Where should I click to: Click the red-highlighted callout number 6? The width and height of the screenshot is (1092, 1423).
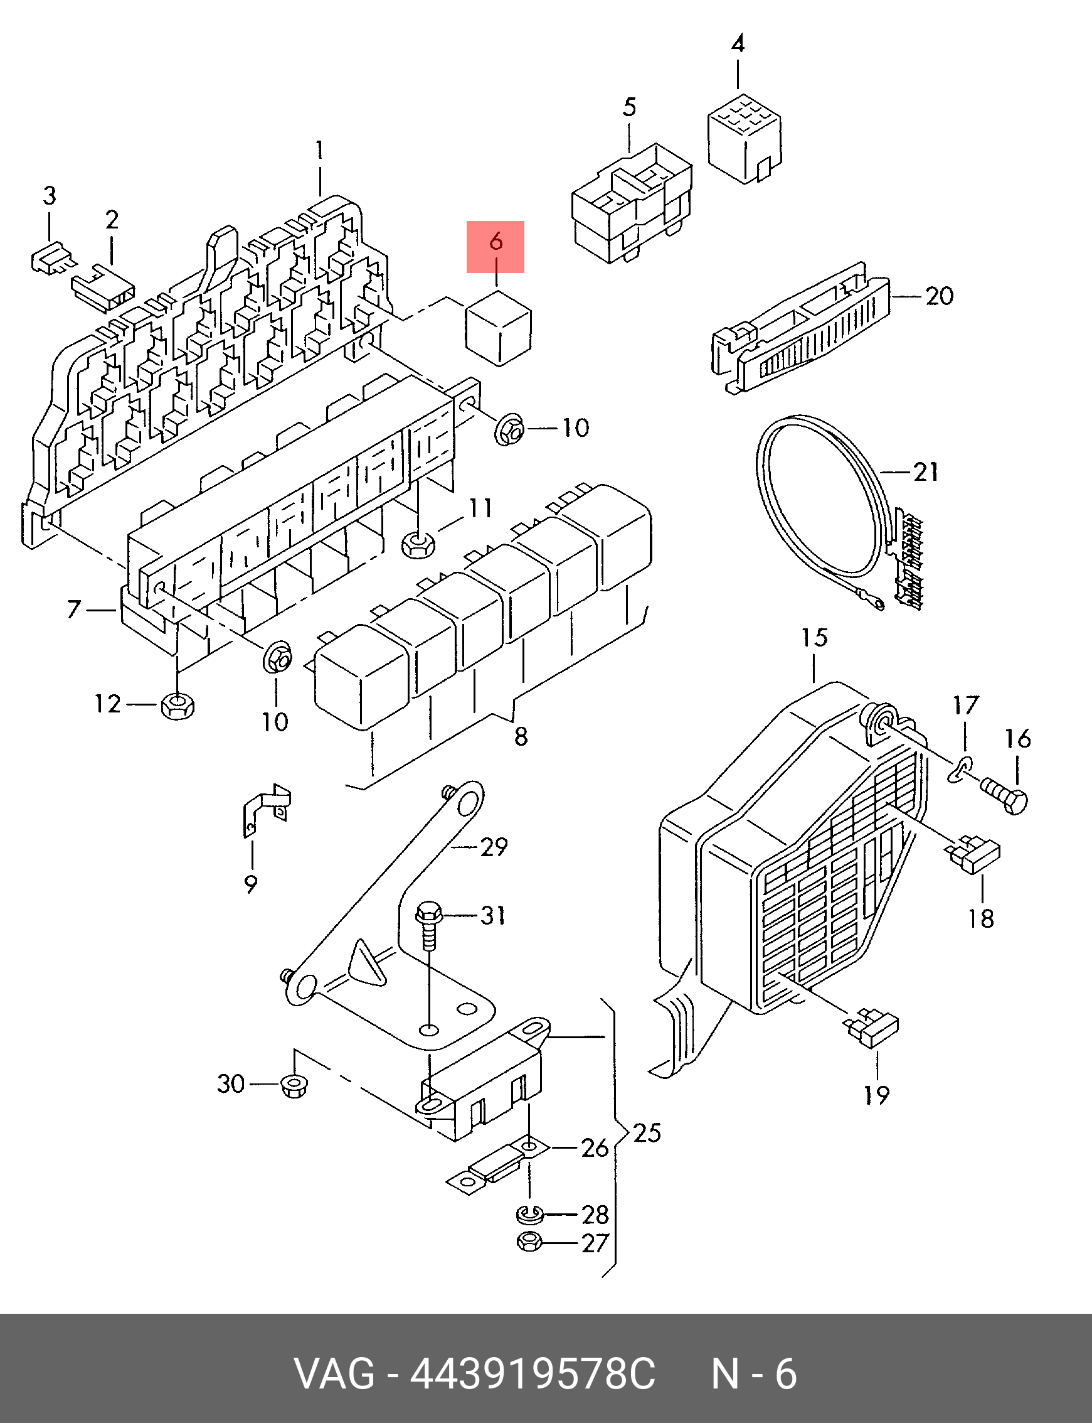pos(496,242)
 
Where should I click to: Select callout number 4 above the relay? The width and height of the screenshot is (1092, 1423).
pos(738,44)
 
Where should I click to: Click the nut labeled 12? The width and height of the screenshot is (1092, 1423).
pos(177,704)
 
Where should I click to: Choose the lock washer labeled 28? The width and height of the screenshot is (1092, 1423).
pos(531,1213)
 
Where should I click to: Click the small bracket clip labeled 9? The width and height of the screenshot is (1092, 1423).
pos(266,809)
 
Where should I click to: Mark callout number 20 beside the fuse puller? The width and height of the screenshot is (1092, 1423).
pos(939,296)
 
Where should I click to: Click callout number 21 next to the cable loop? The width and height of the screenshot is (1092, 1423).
pos(926,471)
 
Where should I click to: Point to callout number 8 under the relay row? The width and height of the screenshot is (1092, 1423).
pos(521,736)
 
